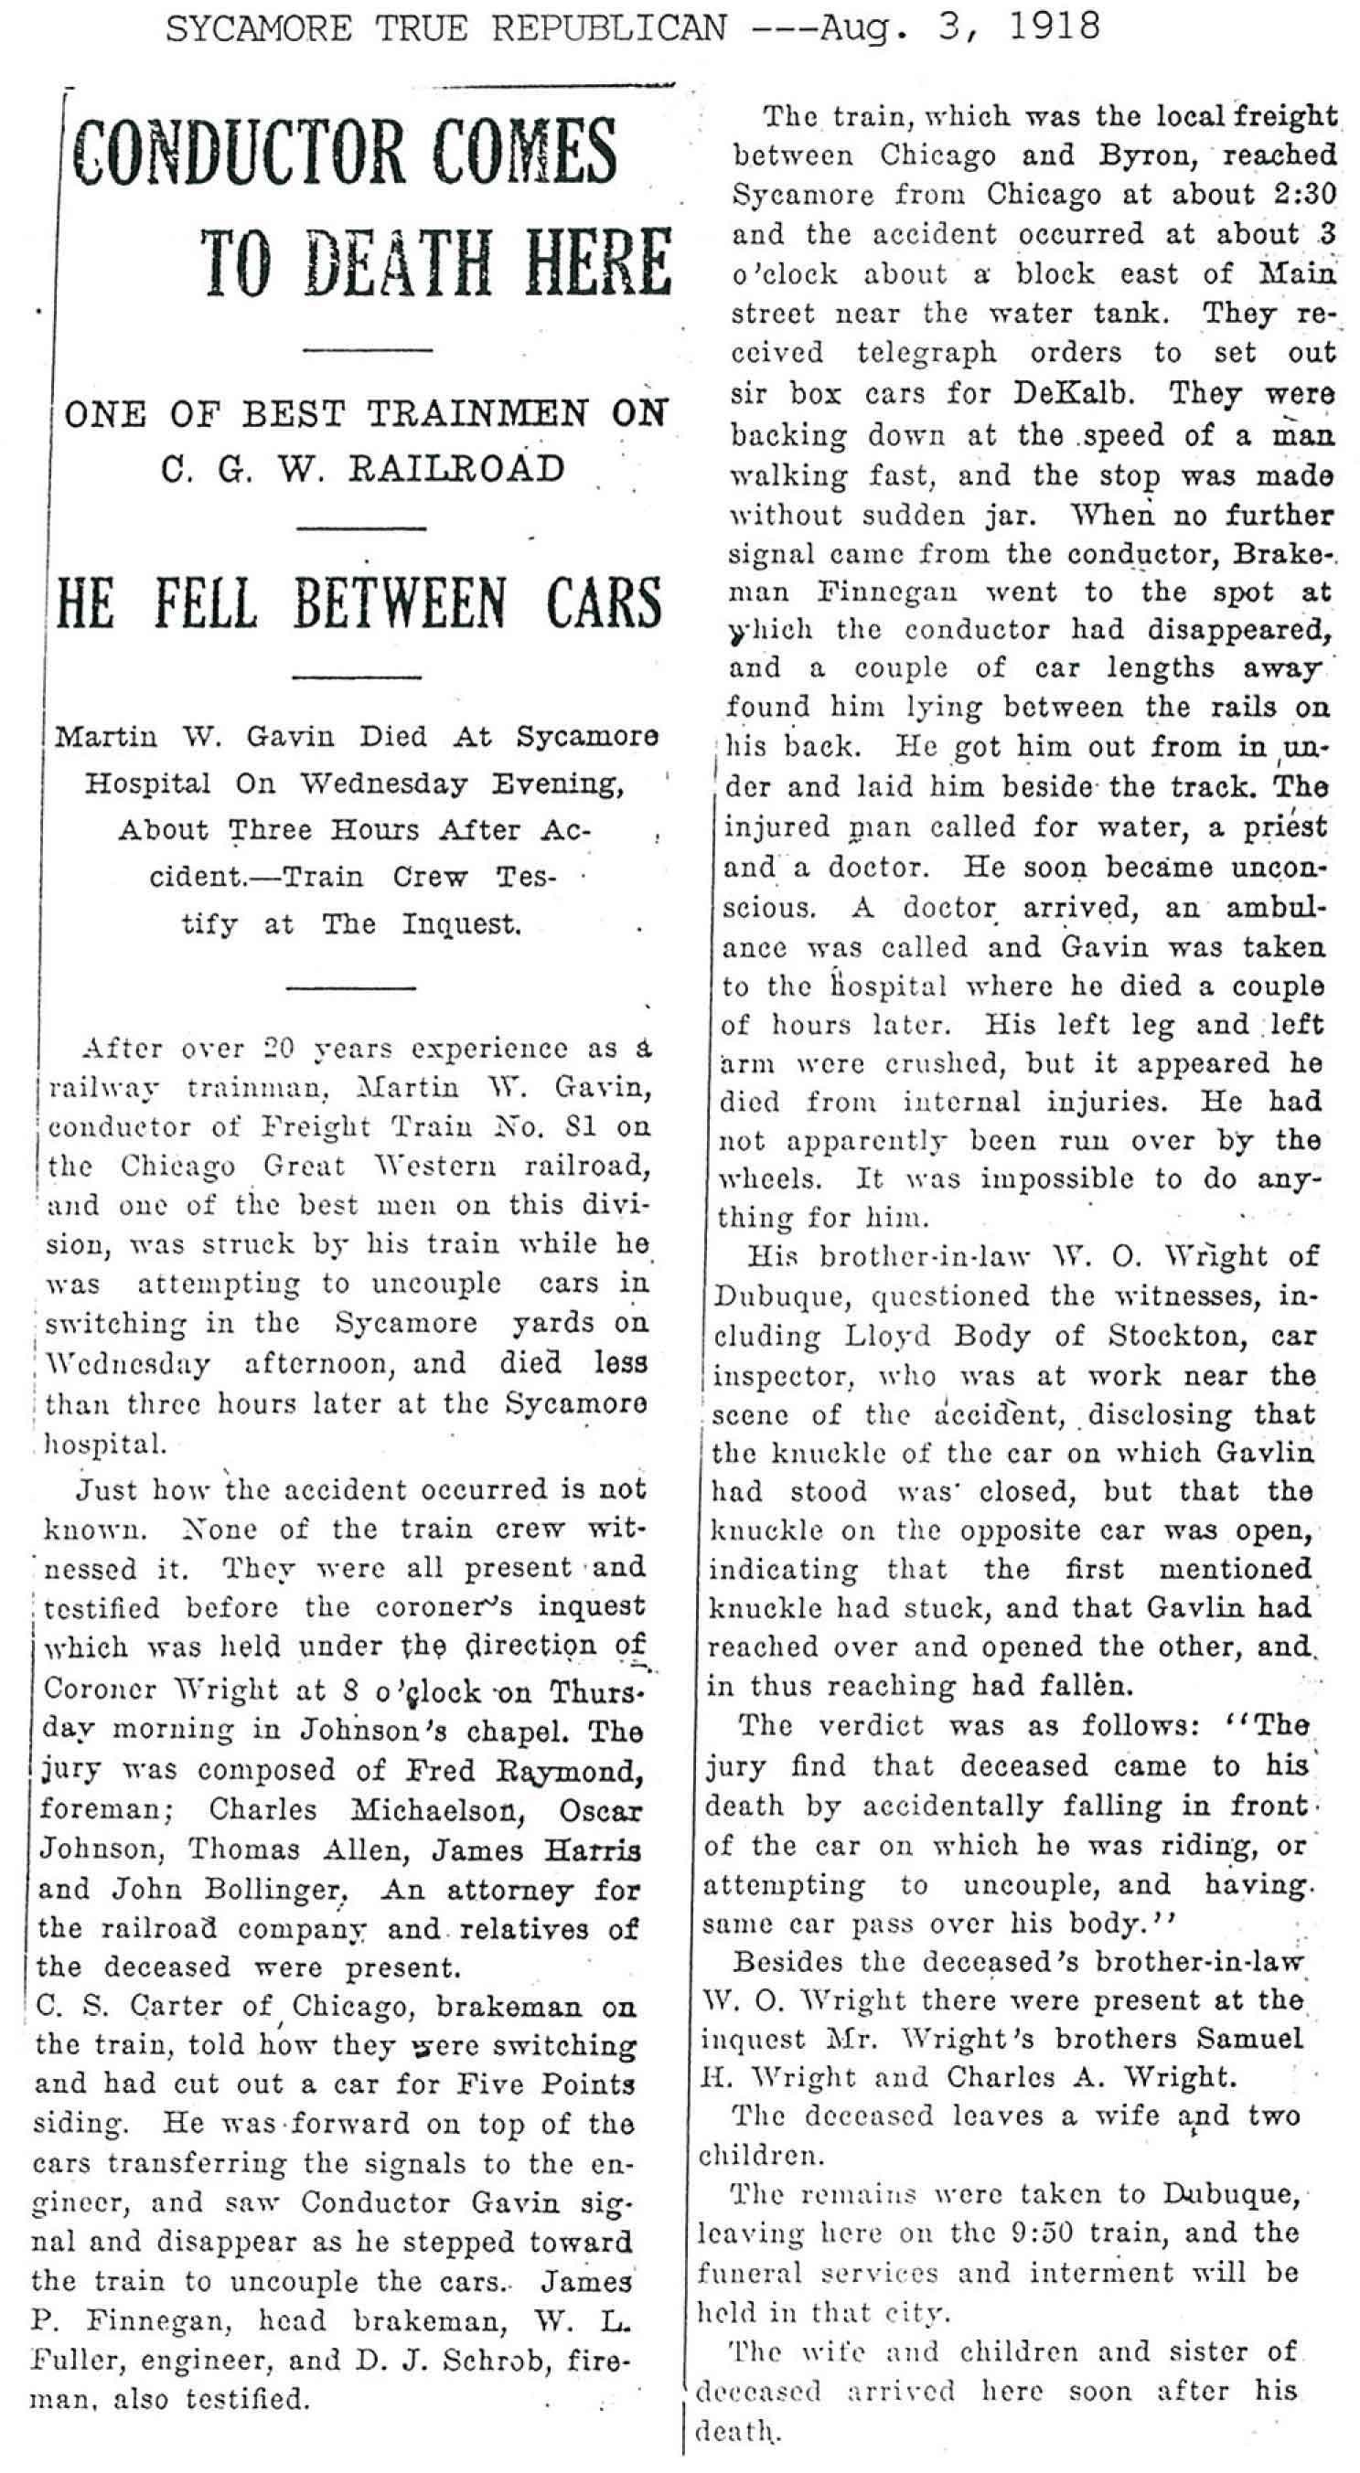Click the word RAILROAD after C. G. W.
pos(455,469)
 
